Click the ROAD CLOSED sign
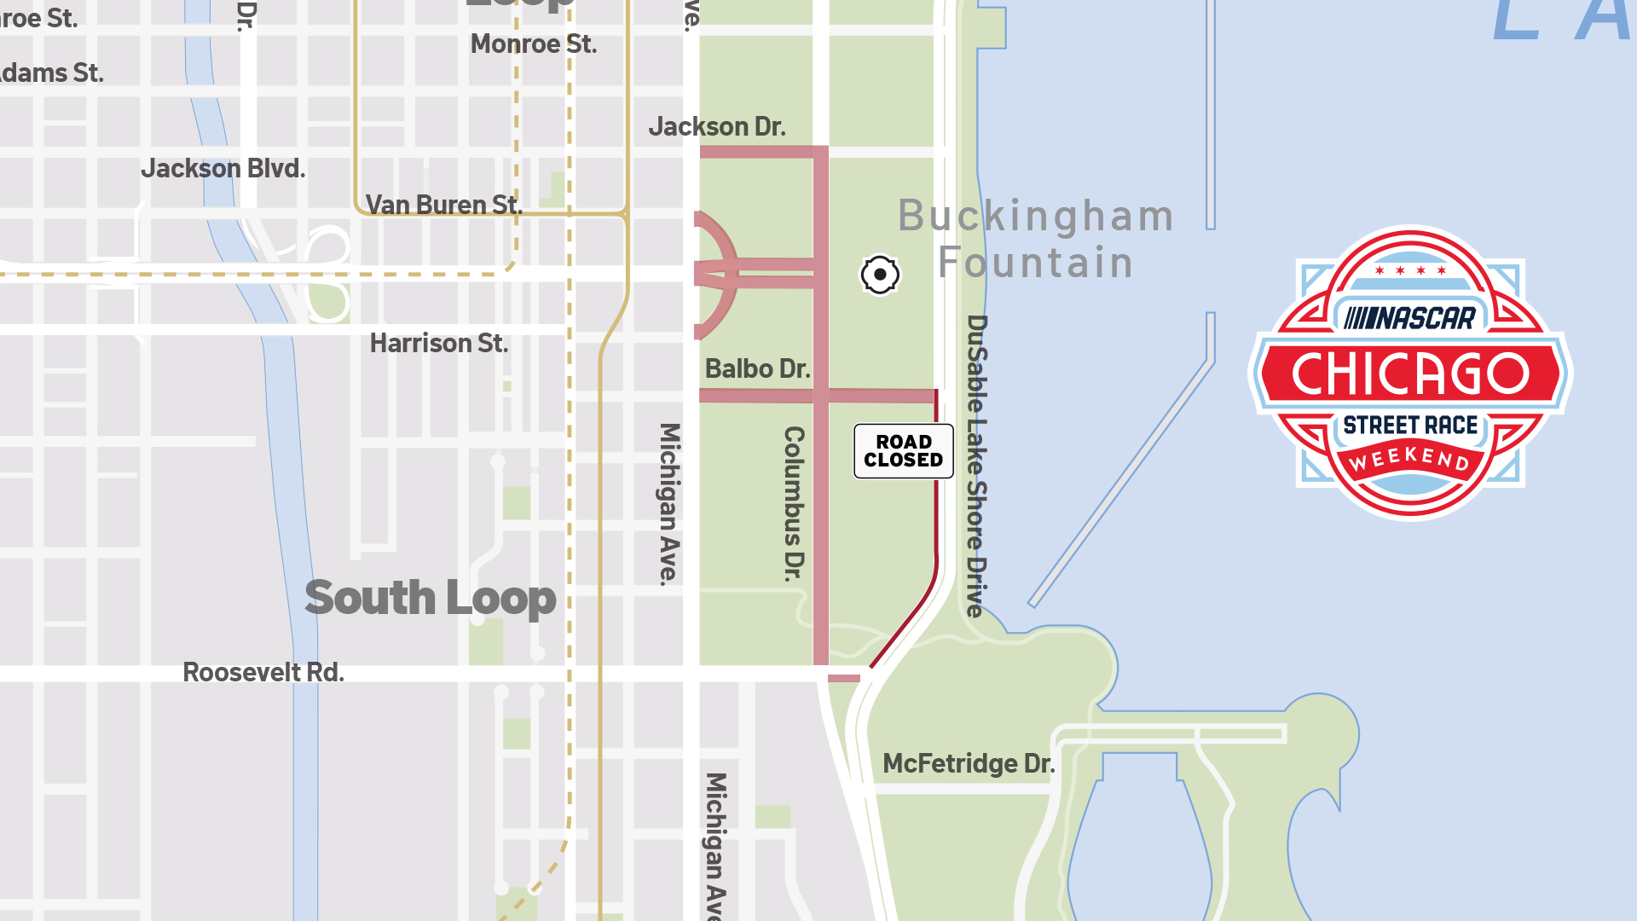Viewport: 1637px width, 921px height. click(904, 451)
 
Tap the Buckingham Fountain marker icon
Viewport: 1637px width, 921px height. click(880, 275)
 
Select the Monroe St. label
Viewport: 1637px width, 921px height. click(534, 44)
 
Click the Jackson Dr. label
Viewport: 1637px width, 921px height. click(717, 127)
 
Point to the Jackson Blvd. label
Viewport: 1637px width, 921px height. click(223, 169)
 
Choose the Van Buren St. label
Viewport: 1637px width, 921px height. click(443, 206)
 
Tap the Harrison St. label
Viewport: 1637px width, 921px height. click(439, 344)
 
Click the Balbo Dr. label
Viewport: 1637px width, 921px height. click(757, 369)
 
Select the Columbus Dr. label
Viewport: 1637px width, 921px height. click(795, 503)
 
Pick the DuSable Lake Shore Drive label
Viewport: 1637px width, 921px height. click(977, 466)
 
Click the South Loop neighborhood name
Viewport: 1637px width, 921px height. click(431, 598)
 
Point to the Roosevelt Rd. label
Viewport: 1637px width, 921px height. click(263, 673)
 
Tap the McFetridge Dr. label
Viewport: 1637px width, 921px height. click(969, 764)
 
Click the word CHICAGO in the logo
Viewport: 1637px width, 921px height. click(1411, 374)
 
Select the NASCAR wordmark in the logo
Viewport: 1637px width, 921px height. click(1410, 319)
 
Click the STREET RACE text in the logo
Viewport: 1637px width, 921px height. click(1411, 426)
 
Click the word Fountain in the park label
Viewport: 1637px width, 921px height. click(1036, 263)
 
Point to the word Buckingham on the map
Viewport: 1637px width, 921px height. click(1036, 216)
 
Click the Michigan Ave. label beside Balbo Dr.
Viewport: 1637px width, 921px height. click(670, 503)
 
